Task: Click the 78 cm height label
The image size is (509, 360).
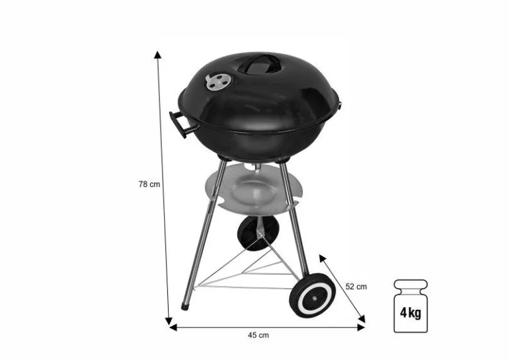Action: coord(149,184)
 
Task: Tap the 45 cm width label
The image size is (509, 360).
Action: coord(258,335)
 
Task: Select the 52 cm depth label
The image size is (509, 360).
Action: coord(356,287)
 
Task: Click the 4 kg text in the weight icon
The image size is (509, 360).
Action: coord(411,313)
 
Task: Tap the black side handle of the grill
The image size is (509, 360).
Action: coord(181,124)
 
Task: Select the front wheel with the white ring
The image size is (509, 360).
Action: coord(313,295)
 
